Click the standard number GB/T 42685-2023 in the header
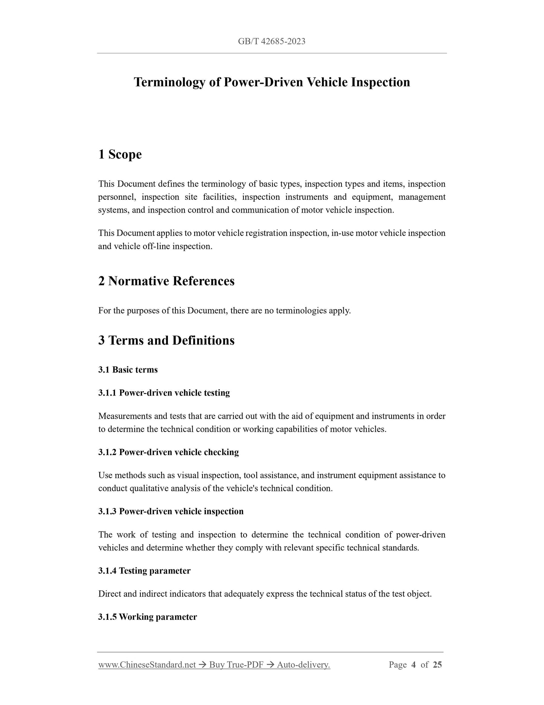pyautogui.click(x=271, y=41)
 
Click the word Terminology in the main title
pyautogui.click(x=170, y=82)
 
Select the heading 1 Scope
pyautogui.click(x=120, y=155)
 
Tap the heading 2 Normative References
pyautogui.click(x=166, y=281)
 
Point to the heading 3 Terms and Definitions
pyautogui.click(x=166, y=340)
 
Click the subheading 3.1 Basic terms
pyautogui.click(x=128, y=370)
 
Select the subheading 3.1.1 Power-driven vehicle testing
pyautogui.click(x=164, y=393)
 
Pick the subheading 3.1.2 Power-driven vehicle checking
pyautogui.click(x=169, y=452)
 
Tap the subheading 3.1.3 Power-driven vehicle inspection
pyautogui.click(x=171, y=512)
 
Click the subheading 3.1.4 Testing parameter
pyautogui.click(x=145, y=571)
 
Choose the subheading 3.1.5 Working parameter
pyautogui.click(x=148, y=617)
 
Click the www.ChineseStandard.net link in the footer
pyautogui.click(x=147, y=665)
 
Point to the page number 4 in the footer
pyautogui.click(x=413, y=665)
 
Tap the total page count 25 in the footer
pyautogui.click(x=437, y=665)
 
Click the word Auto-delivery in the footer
pyautogui.click(x=303, y=665)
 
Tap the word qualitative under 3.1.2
pyautogui.click(x=149, y=489)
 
